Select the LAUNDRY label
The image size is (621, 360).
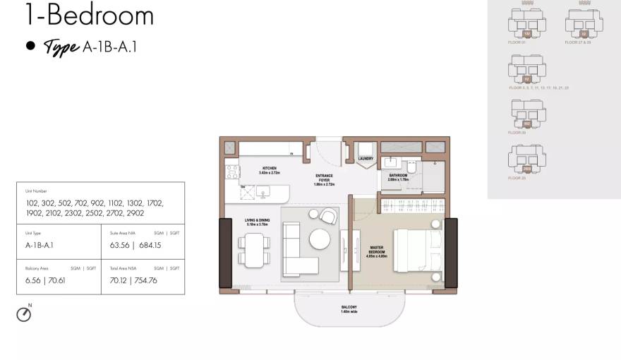tap(366, 159)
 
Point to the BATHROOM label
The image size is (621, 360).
tap(398, 176)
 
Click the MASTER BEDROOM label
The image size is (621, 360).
tap(376, 252)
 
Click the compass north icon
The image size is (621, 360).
tap(24, 314)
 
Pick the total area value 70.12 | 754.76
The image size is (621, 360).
tap(133, 280)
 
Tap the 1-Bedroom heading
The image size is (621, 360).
tap(89, 14)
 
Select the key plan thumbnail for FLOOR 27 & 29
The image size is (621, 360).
tap(584, 25)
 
